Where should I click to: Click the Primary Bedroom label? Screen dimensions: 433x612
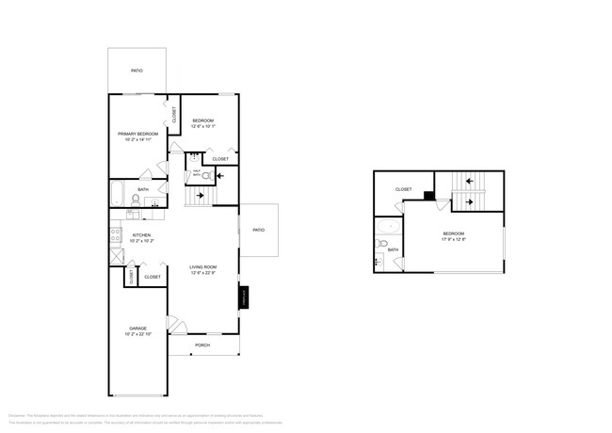[137, 135]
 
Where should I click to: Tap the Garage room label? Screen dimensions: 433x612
[137, 329]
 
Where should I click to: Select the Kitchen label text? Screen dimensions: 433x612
[141, 235]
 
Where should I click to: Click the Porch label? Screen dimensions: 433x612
[201, 345]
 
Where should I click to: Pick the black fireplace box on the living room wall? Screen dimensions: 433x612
[243, 297]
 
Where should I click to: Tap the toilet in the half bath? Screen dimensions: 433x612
[206, 176]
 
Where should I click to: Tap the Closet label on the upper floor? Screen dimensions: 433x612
[403, 189]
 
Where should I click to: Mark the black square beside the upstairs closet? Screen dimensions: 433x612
[428, 196]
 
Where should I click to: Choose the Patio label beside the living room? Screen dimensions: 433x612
[258, 230]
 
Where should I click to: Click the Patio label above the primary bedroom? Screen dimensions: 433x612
[137, 71]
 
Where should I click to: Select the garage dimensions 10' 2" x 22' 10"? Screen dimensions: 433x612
[137, 334]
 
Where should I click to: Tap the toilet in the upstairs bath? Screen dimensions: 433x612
[382, 245]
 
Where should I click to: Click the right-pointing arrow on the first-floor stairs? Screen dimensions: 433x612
[200, 196]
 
